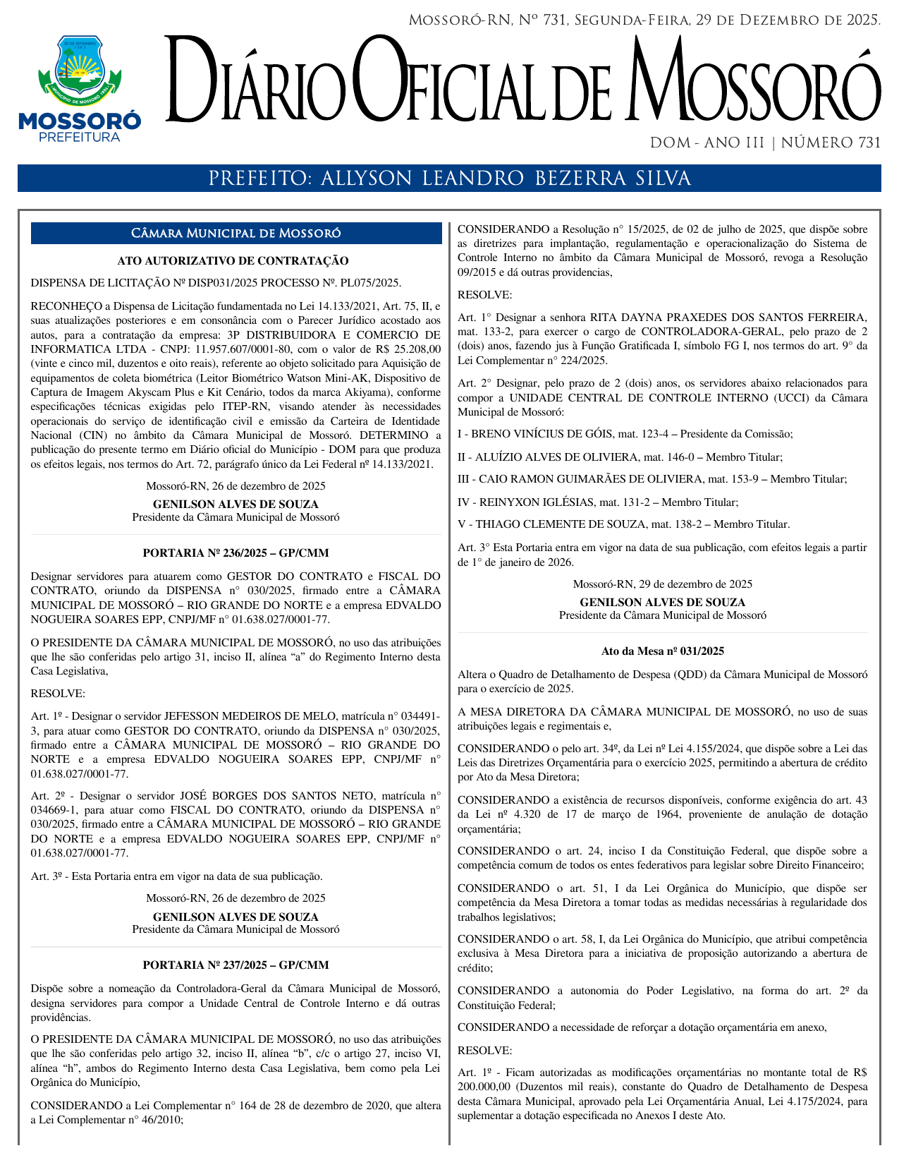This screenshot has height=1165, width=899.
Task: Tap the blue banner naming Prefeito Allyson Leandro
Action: pos(449,179)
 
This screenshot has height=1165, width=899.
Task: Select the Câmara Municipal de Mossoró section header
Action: pos(236,234)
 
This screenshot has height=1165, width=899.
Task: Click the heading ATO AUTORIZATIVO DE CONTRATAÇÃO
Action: pos(233,261)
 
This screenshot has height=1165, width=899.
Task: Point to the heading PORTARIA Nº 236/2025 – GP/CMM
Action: pos(236,553)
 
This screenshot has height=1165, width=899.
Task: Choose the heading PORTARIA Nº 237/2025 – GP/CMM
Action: pos(236,965)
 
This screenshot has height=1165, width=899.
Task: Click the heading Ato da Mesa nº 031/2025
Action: pos(662,651)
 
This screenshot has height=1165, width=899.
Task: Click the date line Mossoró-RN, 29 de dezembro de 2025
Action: pos(662,584)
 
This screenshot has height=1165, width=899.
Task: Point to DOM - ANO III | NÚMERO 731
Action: pos(765,143)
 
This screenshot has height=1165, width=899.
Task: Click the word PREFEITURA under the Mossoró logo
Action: pos(79,137)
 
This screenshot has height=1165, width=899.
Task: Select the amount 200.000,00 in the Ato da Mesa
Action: pos(484,1087)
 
